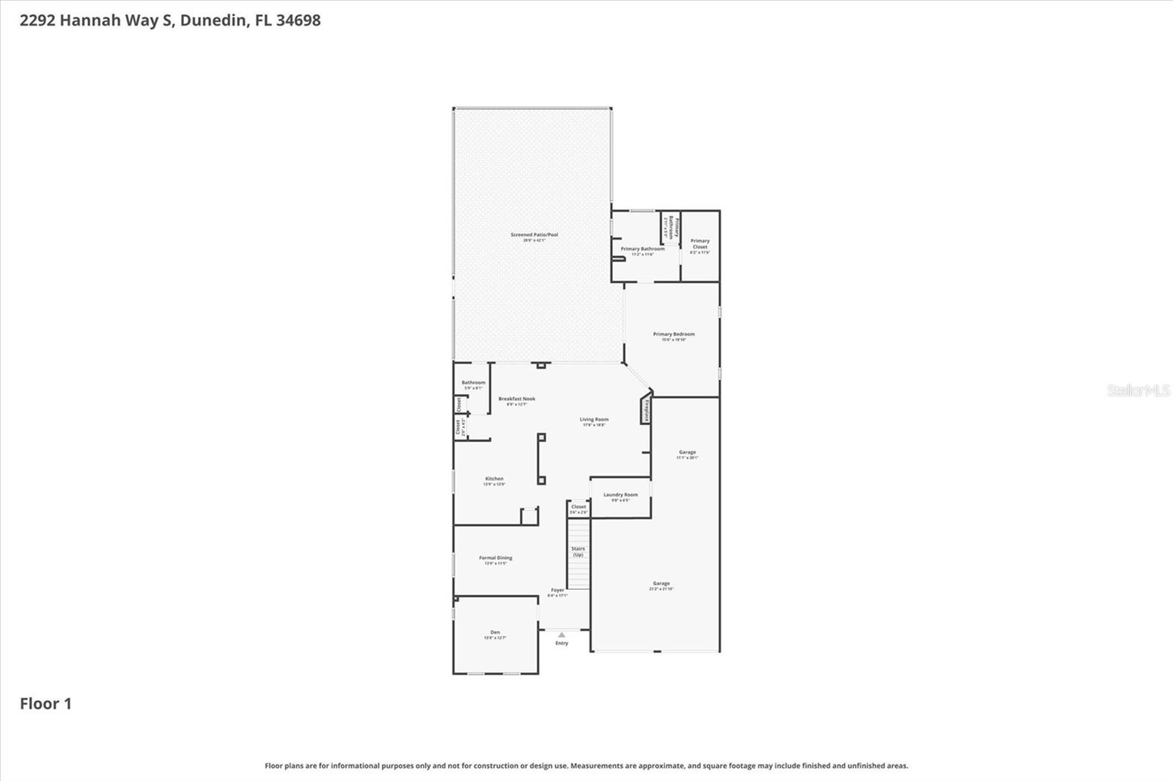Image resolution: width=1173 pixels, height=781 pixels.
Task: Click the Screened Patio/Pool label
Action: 534,235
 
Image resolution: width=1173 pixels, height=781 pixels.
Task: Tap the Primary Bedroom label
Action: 674,334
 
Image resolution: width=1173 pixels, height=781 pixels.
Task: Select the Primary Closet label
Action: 700,244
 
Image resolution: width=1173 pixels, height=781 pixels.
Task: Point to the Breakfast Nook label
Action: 517,399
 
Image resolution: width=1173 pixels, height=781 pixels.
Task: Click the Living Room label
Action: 594,420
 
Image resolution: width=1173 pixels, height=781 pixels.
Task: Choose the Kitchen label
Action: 494,479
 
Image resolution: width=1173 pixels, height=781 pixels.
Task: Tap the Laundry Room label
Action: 620,495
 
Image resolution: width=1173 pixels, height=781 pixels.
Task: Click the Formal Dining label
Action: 496,558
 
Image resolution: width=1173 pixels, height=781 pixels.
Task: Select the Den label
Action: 495,632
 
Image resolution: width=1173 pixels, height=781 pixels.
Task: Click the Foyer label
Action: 558,591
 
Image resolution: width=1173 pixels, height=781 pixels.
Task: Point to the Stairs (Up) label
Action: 578,552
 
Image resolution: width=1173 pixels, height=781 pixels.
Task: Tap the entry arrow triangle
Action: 562,635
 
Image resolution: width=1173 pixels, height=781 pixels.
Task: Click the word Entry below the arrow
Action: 562,643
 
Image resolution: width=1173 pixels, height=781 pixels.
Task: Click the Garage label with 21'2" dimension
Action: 661,584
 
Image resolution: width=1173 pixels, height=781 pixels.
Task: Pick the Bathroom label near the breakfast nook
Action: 474,382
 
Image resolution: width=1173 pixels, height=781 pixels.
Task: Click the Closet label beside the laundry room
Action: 578,507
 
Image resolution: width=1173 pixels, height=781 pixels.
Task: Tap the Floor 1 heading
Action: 45,704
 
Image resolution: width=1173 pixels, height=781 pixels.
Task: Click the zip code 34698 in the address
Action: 298,21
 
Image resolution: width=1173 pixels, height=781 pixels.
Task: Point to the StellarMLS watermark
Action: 1138,390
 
